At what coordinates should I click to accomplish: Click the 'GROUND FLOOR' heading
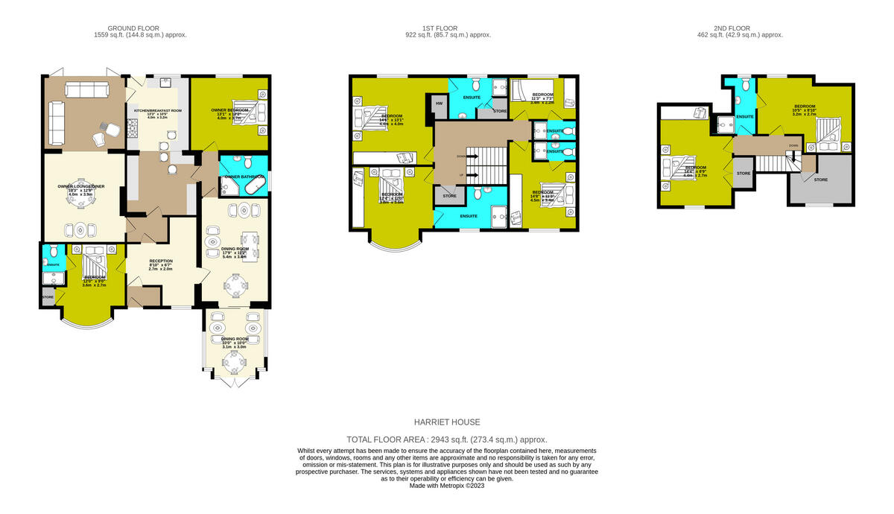click(141, 28)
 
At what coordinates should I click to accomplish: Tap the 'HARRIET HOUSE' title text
click(447, 422)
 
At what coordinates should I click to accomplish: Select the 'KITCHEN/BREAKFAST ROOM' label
click(157, 110)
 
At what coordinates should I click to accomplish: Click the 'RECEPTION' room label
click(160, 261)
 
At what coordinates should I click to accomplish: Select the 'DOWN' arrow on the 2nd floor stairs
click(794, 146)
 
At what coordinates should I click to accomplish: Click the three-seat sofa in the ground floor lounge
click(87, 90)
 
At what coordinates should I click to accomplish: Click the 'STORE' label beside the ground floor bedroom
click(48, 297)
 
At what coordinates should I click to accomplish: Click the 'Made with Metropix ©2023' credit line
click(447, 486)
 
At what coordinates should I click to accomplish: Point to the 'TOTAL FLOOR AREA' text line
click(447, 440)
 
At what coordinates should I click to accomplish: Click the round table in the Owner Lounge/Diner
click(80, 229)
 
